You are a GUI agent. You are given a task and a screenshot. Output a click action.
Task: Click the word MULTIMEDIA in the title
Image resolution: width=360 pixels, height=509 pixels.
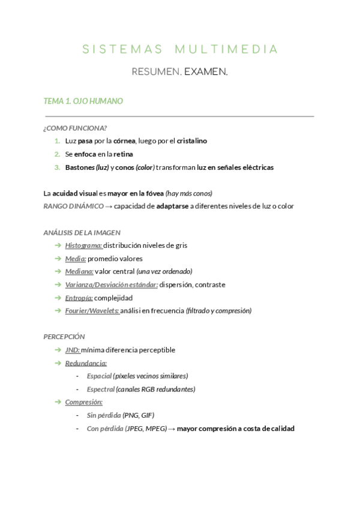[x=227, y=49]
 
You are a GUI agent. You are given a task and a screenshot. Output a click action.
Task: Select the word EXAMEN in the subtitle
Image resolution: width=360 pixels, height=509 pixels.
[x=206, y=72]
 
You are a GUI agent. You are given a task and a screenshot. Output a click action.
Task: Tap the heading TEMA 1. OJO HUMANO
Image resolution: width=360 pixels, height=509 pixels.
[x=83, y=101]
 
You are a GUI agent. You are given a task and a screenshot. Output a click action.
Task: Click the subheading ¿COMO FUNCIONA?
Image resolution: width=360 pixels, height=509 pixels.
[x=75, y=128]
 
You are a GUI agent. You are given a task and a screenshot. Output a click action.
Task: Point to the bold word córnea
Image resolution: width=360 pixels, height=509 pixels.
[x=125, y=141]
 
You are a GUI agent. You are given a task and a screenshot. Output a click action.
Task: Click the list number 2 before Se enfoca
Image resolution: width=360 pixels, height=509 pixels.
[x=57, y=154]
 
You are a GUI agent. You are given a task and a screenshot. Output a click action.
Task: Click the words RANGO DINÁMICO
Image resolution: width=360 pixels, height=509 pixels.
[x=73, y=206]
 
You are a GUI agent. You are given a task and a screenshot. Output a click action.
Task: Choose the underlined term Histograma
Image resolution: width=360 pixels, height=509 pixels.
[x=83, y=245]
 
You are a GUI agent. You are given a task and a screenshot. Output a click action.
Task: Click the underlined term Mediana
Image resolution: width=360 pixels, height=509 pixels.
[x=79, y=271]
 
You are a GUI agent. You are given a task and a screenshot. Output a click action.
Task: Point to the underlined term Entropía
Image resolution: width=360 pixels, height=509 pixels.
[x=79, y=298]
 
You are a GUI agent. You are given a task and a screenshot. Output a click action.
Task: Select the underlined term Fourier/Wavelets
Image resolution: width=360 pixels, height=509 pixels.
[x=92, y=311]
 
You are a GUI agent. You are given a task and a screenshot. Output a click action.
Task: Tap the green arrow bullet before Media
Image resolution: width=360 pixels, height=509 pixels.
[x=57, y=258]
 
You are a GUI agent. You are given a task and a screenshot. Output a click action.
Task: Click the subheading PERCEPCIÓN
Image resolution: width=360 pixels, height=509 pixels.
[x=64, y=337]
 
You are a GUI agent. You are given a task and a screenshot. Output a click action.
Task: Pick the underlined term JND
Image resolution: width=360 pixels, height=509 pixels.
[x=72, y=350]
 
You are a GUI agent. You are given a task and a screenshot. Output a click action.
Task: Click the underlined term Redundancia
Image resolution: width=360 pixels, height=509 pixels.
[x=86, y=363]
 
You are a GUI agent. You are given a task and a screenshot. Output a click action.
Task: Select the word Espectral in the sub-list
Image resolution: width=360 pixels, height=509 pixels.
[x=100, y=389]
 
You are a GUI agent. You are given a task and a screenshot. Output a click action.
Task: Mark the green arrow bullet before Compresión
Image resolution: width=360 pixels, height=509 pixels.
[x=57, y=402]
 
